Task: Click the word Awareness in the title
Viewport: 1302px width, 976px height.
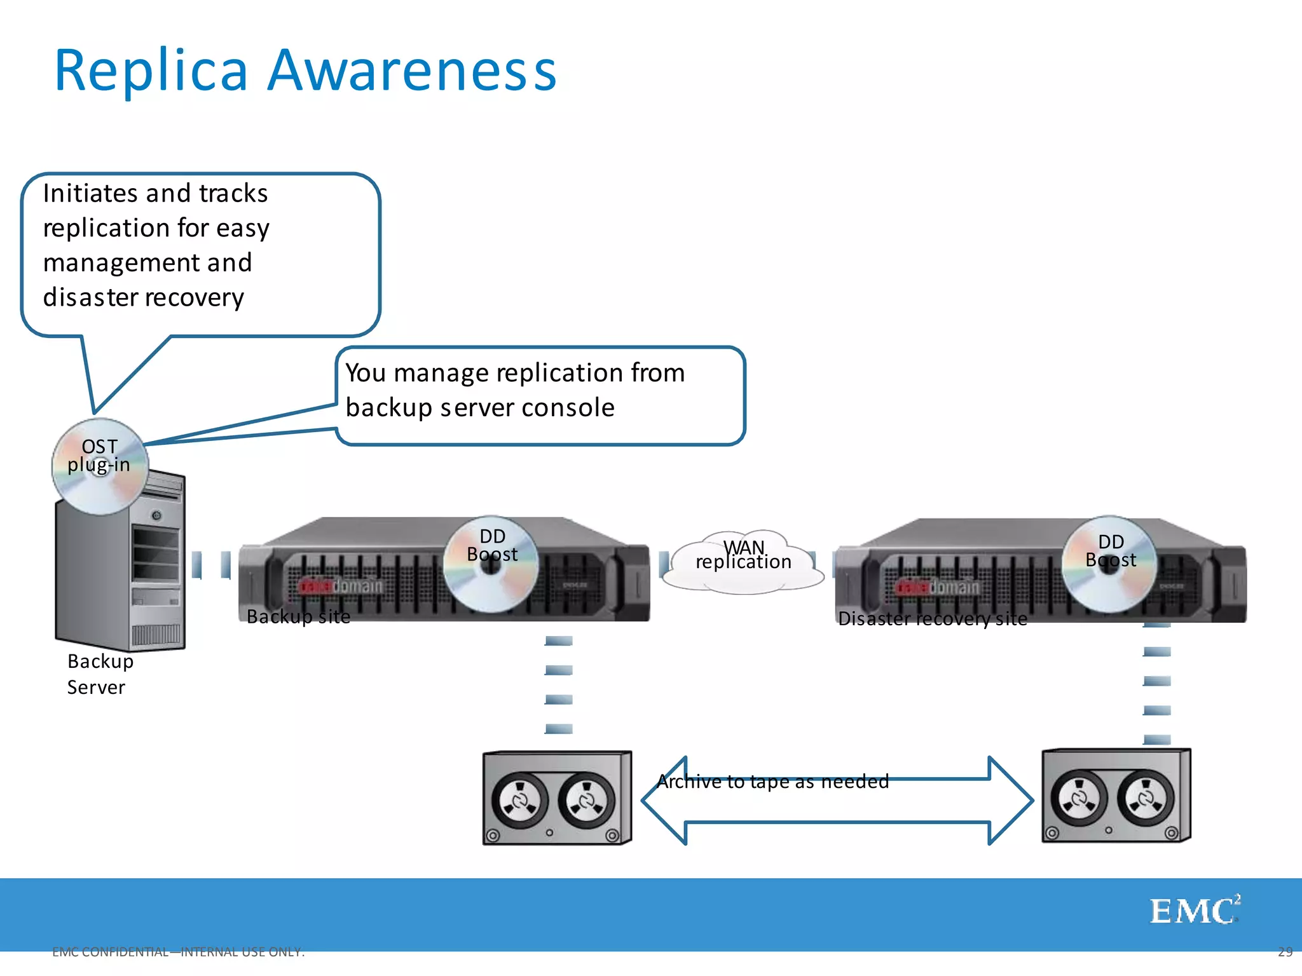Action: tap(411, 71)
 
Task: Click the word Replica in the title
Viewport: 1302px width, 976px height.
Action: tap(151, 71)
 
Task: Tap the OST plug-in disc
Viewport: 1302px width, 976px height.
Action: tap(100, 467)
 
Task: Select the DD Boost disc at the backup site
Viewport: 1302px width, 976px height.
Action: tap(491, 564)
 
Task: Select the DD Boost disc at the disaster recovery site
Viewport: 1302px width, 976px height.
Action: tap(1109, 564)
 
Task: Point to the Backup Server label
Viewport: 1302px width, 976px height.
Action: tap(100, 674)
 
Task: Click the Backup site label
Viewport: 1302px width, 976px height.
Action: tap(298, 616)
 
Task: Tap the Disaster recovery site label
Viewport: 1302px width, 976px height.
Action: tap(932, 618)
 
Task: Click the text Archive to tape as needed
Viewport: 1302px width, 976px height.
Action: tap(772, 781)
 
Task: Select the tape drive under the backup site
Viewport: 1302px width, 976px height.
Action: tap(557, 798)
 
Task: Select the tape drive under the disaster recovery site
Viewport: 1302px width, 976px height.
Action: tap(1116, 796)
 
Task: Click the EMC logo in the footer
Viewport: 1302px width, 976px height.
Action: tap(1194, 911)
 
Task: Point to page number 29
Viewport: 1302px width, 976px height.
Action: tap(1285, 952)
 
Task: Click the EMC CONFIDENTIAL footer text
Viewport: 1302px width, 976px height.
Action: tap(178, 952)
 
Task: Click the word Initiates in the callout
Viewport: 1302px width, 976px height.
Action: tap(90, 193)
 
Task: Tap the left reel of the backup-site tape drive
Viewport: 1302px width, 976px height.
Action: tap(519, 801)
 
